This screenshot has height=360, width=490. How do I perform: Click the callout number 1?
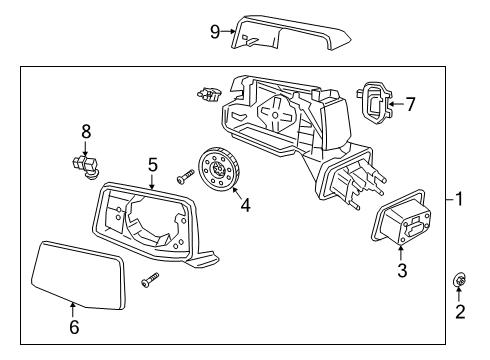point(460,199)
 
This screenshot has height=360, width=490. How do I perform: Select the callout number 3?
point(402,269)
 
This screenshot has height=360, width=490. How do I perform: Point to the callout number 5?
point(153,164)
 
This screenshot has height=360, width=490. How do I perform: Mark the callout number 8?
point(86,130)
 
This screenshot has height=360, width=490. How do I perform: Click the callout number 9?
point(214,31)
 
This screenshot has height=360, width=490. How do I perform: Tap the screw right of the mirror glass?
point(149,281)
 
